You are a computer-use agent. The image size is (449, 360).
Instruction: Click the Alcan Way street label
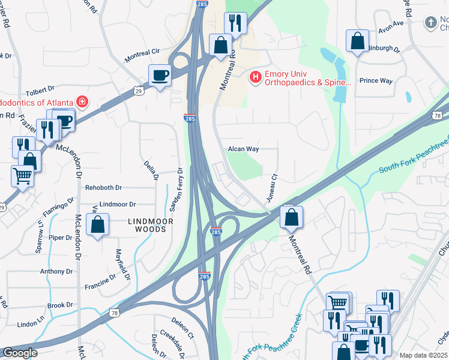point(243,149)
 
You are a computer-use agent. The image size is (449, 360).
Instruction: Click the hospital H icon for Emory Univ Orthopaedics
point(256,77)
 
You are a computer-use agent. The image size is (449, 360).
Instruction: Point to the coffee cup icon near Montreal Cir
point(160,76)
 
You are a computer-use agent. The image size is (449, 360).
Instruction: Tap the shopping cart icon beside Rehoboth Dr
point(22,176)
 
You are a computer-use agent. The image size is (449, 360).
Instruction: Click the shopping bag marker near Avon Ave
point(357,41)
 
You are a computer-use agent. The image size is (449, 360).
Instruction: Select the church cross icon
point(430,23)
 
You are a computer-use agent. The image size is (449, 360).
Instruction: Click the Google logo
point(20,353)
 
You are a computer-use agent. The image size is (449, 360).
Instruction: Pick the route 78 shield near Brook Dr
point(114,312)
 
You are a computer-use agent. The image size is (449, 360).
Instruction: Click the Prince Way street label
point(375,80)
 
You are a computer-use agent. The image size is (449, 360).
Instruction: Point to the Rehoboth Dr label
point(103,188)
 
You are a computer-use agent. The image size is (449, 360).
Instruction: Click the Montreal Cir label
point(141,56)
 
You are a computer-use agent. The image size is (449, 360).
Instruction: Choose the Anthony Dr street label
point(56,271)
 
